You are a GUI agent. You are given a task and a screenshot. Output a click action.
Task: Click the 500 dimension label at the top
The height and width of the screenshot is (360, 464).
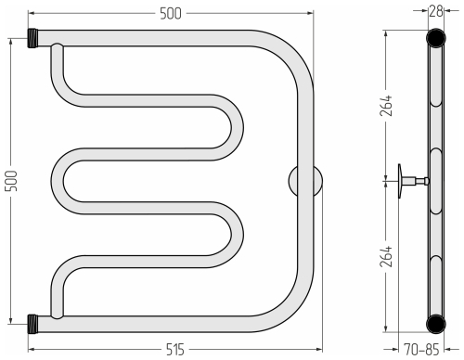pos(171,14)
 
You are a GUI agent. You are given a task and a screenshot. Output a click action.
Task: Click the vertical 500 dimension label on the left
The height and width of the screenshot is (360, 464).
pos(11,181)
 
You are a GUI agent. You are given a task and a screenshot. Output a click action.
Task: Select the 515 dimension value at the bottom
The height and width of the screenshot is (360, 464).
pos(175,350)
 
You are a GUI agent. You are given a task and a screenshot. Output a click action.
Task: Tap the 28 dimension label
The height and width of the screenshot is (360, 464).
pos(436,11)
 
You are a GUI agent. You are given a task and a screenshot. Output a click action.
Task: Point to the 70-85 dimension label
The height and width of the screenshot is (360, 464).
pos(421,350)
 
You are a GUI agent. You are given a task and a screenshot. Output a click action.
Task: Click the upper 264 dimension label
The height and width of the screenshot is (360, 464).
pos(386,106)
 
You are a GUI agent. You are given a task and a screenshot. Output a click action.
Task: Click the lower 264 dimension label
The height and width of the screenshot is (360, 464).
pos(386,256)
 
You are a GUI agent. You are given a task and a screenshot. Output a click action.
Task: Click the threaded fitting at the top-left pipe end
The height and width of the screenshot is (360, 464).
pos(32,38)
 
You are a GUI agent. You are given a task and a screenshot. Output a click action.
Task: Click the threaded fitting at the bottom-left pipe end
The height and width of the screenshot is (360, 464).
pos(32,324)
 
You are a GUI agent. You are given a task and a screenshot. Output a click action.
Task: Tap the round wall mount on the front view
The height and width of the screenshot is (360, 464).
pos(305,181)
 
